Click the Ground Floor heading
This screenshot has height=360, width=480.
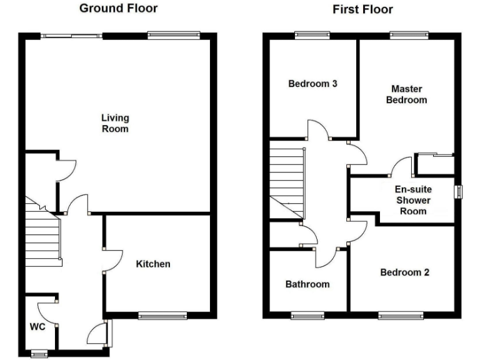click(118, 9)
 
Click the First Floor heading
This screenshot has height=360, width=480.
click(363, 9)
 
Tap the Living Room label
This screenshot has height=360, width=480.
click(115, 123)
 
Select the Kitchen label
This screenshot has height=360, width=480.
click(153, 264)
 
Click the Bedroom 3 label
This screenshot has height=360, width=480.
click(312, 84)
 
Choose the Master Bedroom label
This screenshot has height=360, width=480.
click(406, 94)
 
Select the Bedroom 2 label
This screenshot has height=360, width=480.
click(405, 272)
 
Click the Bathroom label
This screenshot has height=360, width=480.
click(307, 284)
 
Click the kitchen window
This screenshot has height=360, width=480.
click(162, 316)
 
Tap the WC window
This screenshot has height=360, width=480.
click(39, 354)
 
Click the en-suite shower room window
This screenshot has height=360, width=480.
click(458, 192)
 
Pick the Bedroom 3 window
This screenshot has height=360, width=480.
click(312, 36)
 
